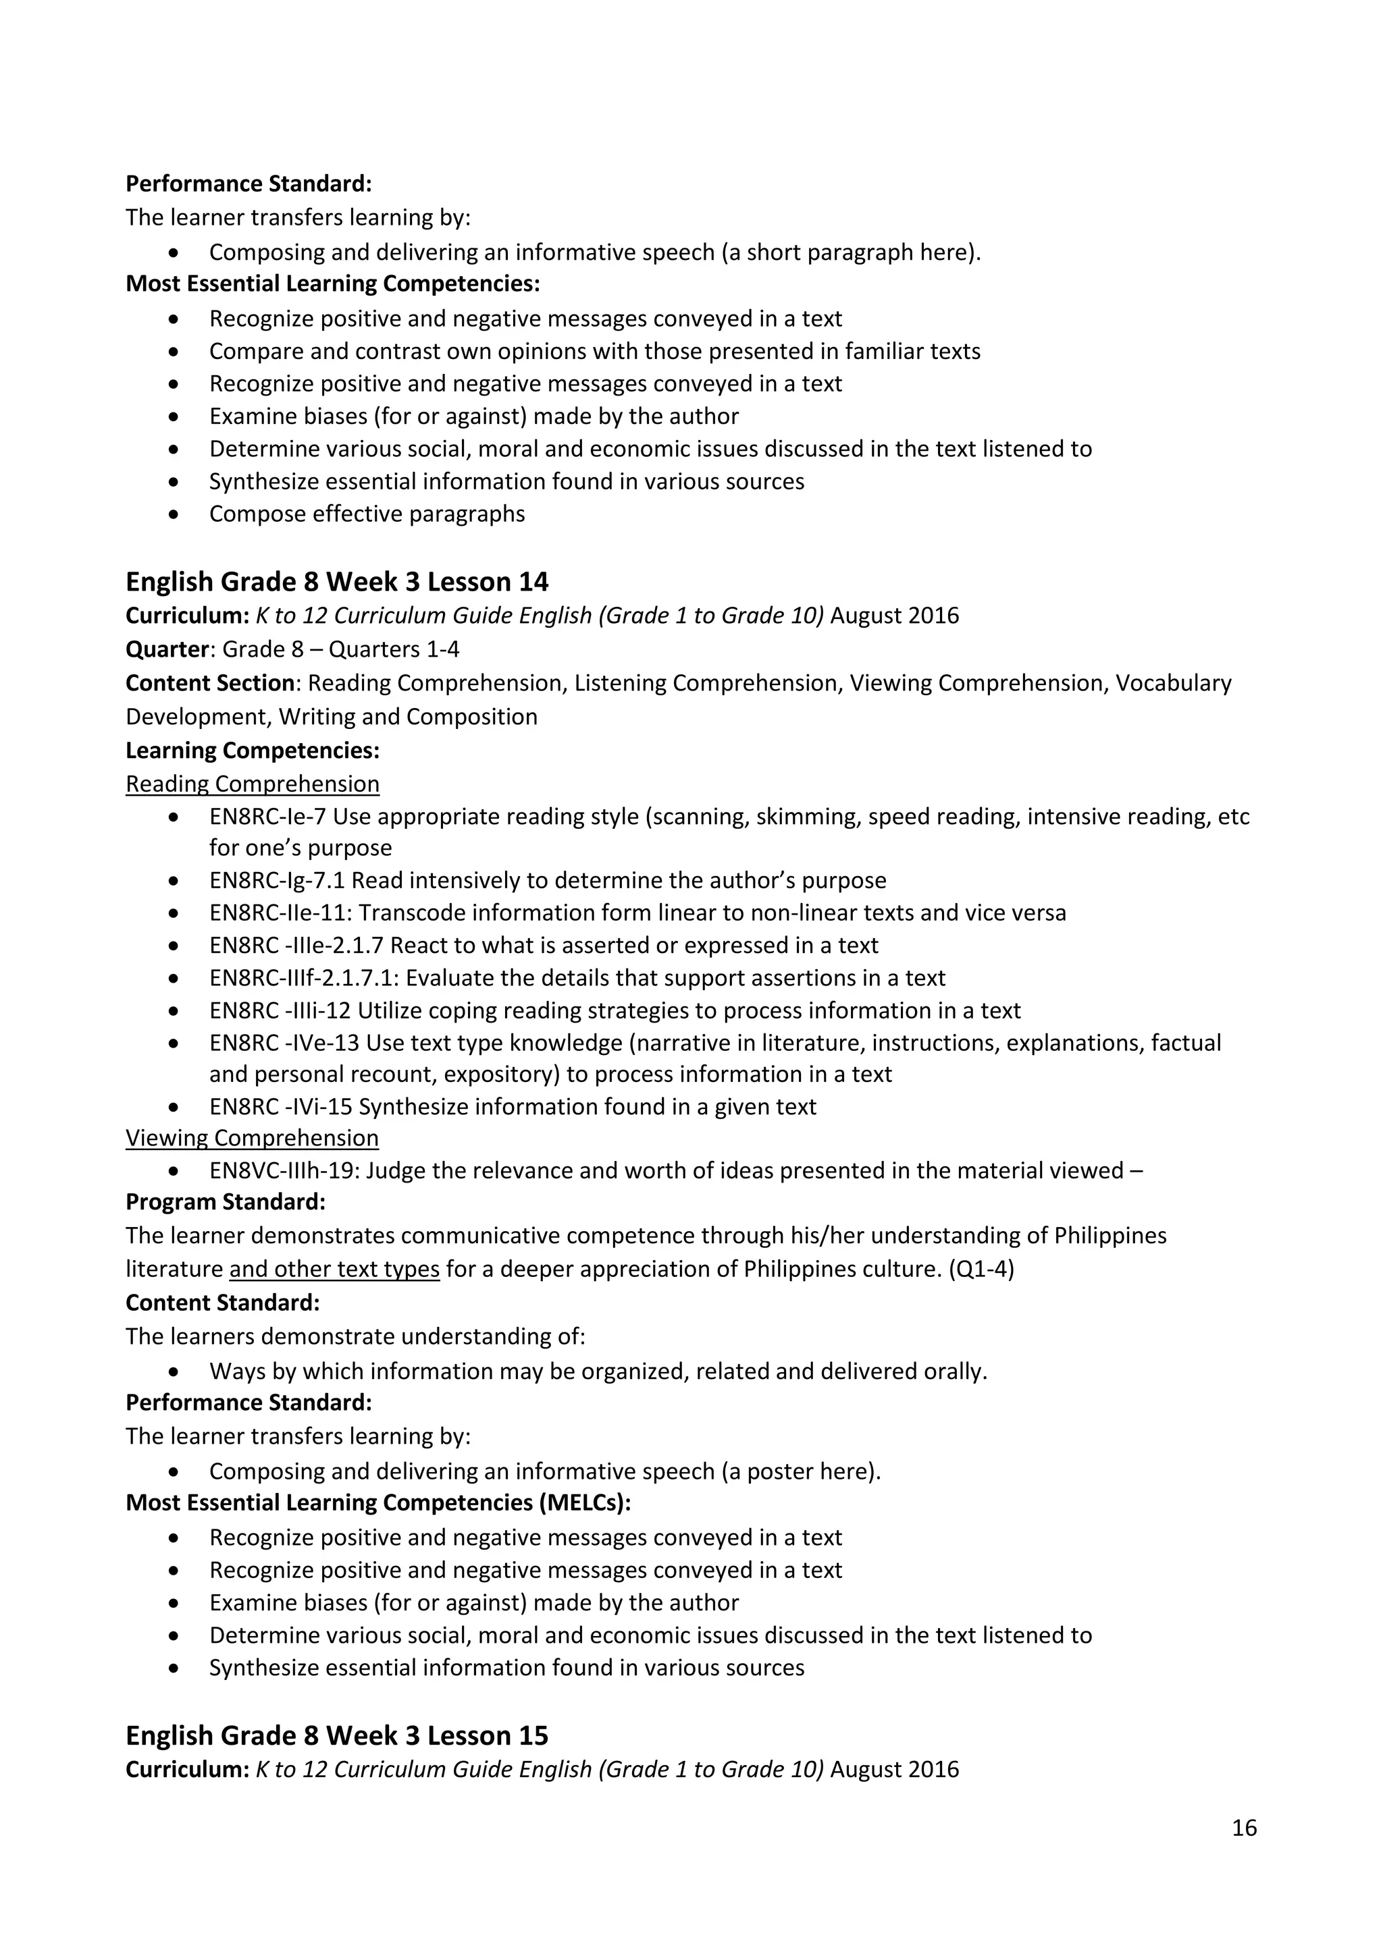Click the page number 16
pyautogui.click(x=1243, y=1827)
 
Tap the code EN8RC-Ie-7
pyautogui.click(x=267, y=816)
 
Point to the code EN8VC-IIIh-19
pyautogui.click(x=286, y=1170)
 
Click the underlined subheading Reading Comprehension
pyautogui.click(x=253, y=784)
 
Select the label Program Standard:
pyautogui.click(x=225, y=1202)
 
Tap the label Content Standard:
pyautogui.click(x=222, y=1303)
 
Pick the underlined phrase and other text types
pyautogui.click(x=334, y=1270)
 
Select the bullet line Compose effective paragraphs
pyautogui.click(x=367, y=514)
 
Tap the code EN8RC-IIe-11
pyautogui.click(x=280, y=913)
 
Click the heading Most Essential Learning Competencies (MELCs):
pyautogui.click(x=378, y=1503)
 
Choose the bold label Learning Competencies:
pyautogui.click(x=253, y=751)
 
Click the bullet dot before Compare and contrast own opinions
pyautogui.click(x=174, y=351)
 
